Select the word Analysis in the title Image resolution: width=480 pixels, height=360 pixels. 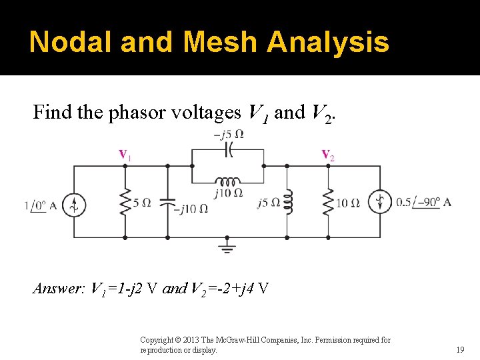(328, 42)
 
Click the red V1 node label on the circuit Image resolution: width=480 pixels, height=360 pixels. (125, 155)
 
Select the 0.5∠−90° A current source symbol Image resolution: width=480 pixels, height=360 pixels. (381, 202)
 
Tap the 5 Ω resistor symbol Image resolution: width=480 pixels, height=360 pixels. (125, 201)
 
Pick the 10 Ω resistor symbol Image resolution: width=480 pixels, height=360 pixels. (327, 201)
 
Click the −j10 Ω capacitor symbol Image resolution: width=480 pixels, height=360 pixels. (167, 201)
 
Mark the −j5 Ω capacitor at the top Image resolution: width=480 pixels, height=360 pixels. (227, 151)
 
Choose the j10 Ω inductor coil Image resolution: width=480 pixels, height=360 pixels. (227, 181)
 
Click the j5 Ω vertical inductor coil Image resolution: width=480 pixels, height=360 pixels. (287, 201)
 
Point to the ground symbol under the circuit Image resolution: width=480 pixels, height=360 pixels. (227, 248)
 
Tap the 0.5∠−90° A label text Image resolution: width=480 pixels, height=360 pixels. (424, 202)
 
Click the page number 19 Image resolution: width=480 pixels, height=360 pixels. (460, 349)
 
